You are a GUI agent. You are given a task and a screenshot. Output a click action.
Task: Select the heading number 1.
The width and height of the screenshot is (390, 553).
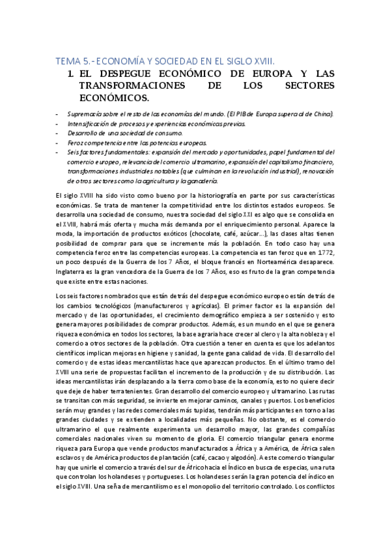pyautogui.click(x=70, y=74)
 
